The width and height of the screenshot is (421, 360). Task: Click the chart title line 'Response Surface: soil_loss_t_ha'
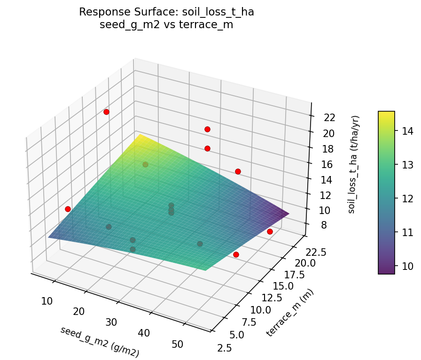pyautogui.click(x=166, y=12)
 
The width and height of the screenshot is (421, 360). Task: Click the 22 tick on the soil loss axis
pyautogui.click(x=329, y=117)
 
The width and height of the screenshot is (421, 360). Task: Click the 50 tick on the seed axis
pyautogui.click(x=177, y=344)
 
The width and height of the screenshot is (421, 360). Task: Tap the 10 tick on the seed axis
pyautogui.click(x=47, y=301)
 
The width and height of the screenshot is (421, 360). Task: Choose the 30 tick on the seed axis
pyautogui.click(x=111, y=322)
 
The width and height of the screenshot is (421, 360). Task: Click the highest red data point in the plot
pyautogui.click(x=106, y=112)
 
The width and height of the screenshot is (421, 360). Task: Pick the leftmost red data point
pyautogui.click(x=68, y=209)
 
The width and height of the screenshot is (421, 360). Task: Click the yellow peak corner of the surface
pyautogui.click(x=139, y=136)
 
